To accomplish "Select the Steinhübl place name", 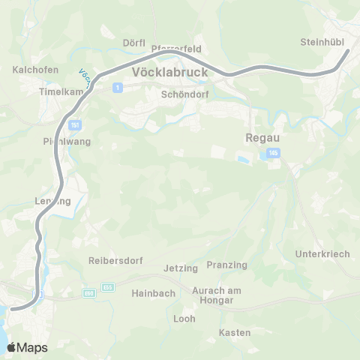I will coord(321,42).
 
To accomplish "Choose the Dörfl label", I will coord(133,43).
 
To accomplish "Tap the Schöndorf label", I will coord(183,95).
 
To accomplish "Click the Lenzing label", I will coord(52,201).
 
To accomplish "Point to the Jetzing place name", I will coord(181,268).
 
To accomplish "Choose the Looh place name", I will coord(184,319).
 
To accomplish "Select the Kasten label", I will coord(235,332).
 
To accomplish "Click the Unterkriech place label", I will coord(323,254).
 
